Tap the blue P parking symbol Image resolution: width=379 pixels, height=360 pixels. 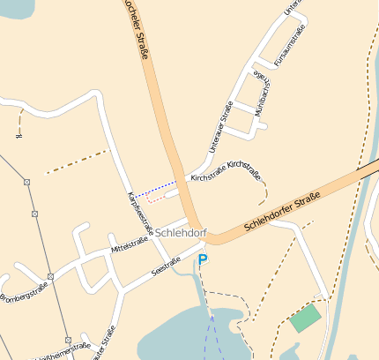click(x=203, y=260)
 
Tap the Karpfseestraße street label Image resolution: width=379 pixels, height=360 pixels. click(x=141, y=213)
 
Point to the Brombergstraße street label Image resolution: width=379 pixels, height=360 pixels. click(x=23, y=291)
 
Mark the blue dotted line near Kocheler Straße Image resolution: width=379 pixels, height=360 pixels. click(x=145, y=188)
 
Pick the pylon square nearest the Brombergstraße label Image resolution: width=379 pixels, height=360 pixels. click(x=50, y=276)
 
